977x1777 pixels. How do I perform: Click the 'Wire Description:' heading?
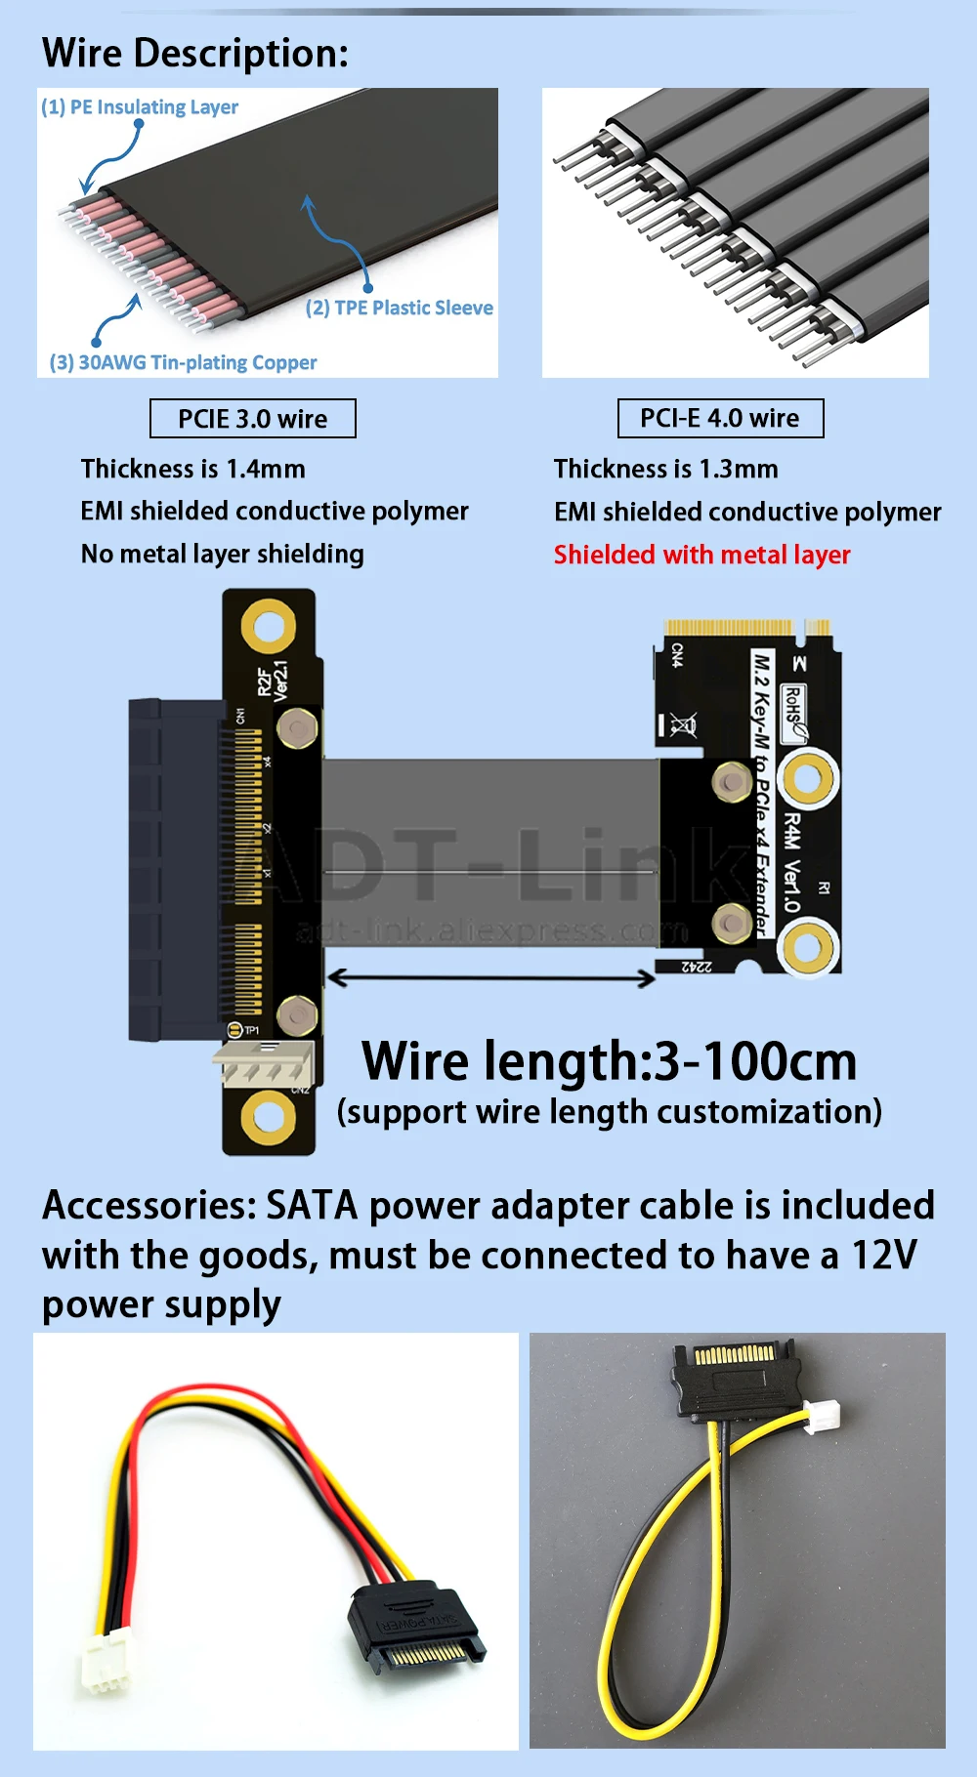195,53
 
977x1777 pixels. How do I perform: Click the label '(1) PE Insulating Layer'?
140,106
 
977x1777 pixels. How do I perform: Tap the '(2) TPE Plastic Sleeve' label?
399,308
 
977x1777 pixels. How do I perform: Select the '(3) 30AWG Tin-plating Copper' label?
184,362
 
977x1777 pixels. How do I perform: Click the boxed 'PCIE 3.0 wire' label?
253,419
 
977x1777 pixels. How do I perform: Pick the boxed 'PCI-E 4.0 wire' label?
720,418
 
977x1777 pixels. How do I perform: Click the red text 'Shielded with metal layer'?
701,555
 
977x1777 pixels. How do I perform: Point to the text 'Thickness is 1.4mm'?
193,469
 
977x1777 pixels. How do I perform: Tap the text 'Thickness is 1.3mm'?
666,469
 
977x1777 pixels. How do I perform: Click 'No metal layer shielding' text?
223,554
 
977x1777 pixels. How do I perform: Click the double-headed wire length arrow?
491,977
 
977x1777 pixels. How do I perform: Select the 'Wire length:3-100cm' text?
609,1061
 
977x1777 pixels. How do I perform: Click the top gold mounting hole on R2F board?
269,626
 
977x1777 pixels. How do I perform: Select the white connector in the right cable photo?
822,1417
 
